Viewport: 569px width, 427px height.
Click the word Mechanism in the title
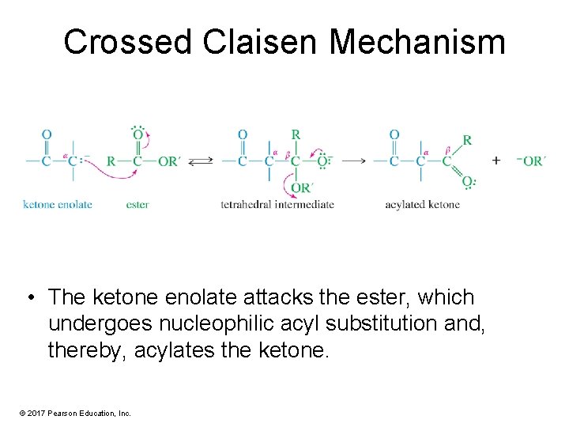click(x=417, y=42)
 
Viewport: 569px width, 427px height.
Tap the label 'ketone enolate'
click(x=58, y=205)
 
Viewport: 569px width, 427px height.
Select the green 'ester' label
click(x=138, y=205)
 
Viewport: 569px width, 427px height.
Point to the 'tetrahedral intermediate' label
click(x=277, y=205)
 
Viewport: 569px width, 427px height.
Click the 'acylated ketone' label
click(x=422, y=205)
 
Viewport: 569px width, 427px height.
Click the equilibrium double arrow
click(x=202, y=161)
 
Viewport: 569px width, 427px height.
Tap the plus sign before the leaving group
click(x=496, y=161)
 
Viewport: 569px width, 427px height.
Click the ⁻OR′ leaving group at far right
click(x=532, y=161)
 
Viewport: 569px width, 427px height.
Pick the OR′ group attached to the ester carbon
click(x=168, y=161)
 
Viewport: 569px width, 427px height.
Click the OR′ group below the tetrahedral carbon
click(x=300, y=187)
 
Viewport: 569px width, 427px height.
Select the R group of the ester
click(x=111, y=161)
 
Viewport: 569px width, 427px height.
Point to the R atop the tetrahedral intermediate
click(x=296, y=134)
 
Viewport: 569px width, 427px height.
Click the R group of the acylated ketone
click(x=467, y=140)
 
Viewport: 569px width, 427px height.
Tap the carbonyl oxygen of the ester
click(x=138, y=134)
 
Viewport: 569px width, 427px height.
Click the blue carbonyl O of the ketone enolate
click(x=47, y=134)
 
